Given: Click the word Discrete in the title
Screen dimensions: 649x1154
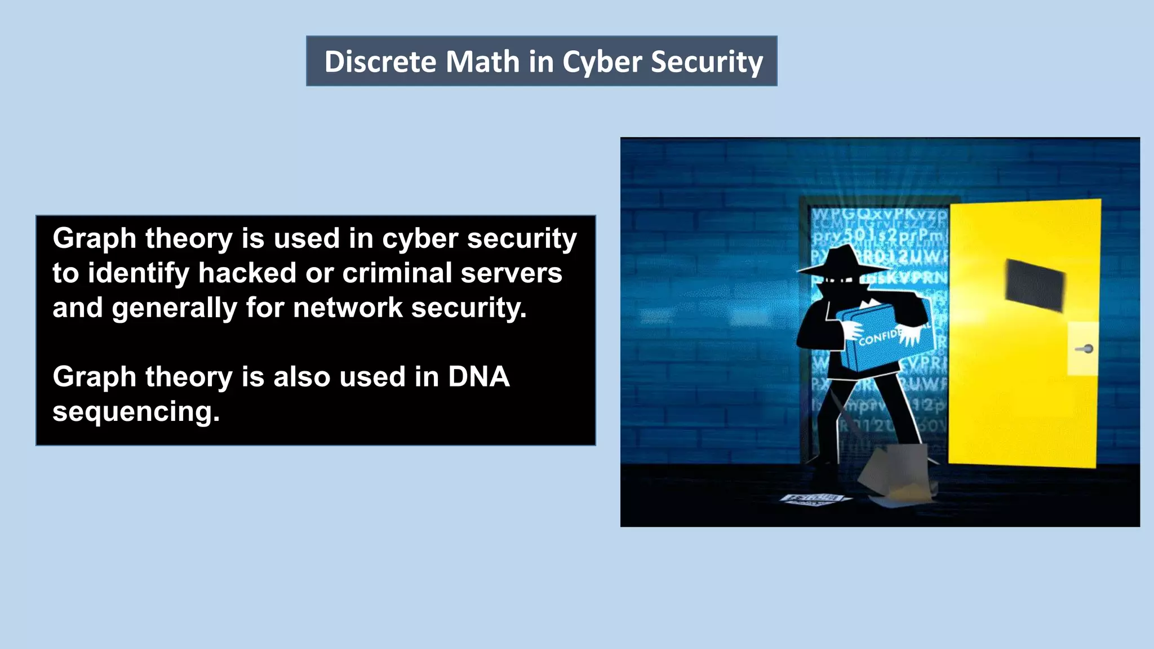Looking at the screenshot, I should click(x=380, y=61).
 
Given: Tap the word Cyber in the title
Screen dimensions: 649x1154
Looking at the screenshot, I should click(x=602, y=63).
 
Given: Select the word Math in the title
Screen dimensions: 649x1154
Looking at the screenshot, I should click(x=482, y=61).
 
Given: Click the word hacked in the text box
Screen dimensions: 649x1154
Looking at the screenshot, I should click(x=247, y=273).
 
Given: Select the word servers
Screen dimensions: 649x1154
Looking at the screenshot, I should click(x=511, y=273).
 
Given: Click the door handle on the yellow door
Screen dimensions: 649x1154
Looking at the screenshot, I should click(x=1085, y=349).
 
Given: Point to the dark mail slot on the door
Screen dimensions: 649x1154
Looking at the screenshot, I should click(x=1035, y=285).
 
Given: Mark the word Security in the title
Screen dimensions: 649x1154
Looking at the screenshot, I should click(x=707, y=63).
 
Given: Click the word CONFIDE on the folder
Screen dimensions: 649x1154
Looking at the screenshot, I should click(x=880, y=337).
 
